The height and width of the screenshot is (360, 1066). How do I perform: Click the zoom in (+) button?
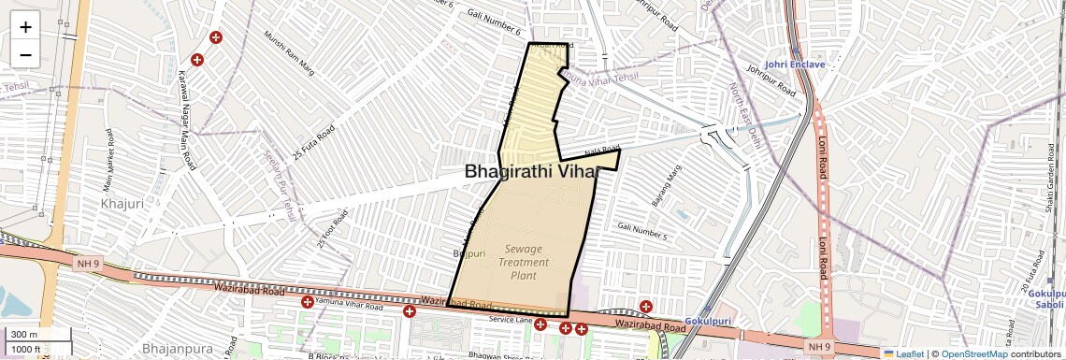[x=25, y=27]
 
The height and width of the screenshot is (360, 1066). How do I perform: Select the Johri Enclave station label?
[x=795, y=65]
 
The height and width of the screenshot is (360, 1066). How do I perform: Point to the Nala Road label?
[x=602, y=151]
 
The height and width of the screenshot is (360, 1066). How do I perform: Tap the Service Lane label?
[x=510, y=320]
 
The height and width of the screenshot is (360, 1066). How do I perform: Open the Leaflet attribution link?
[x=903, y=353]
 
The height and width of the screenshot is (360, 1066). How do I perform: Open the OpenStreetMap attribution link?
[x=973, y=353]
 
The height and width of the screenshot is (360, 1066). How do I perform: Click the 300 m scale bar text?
[x=25, y=334]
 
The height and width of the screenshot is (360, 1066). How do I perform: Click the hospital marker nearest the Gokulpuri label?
[x=646, y=307]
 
